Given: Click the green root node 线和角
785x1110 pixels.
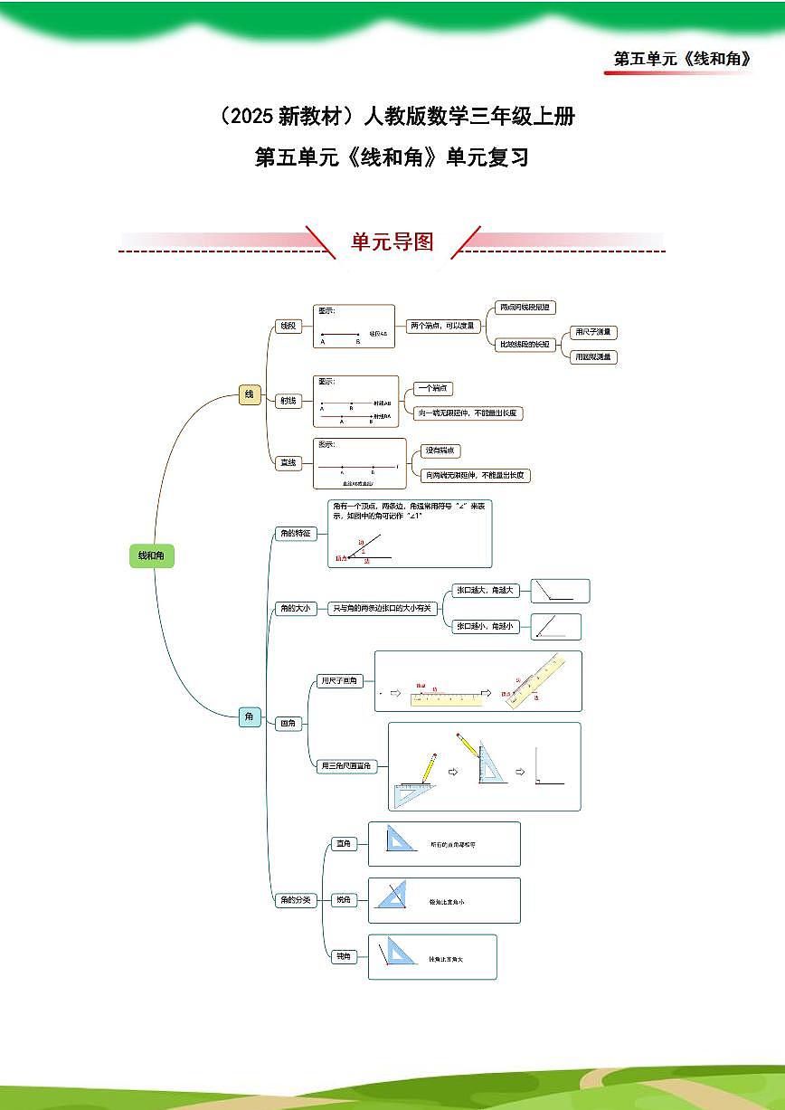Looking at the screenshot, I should [x=151, y=555].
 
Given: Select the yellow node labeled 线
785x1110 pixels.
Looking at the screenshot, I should [x=250, y=394].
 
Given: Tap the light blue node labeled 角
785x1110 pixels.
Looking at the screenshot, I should [x=250, y=716].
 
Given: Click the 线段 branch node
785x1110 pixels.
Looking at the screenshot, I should [x=288, y=327].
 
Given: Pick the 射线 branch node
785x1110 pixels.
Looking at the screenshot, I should [x=288, y=401].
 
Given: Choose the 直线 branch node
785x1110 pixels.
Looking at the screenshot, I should [x=288, y=463].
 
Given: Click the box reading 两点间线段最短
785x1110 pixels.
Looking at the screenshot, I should [x=525, y=308].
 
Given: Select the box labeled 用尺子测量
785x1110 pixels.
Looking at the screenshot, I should [x=593, y=332].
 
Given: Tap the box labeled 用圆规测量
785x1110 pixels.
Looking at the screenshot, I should [x=593, y=356].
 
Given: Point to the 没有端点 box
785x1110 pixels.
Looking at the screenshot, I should [x=442, y=451].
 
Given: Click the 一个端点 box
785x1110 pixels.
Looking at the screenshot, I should [x=432, y=388].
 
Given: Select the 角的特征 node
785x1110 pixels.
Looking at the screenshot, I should [x=295, y=534].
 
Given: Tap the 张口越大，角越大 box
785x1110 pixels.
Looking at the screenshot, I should [x=486, y=590].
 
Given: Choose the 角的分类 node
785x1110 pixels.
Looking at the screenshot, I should [x=295, y=900].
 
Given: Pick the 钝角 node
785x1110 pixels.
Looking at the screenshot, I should [x=344, y=956].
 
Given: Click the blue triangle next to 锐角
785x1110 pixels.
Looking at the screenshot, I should [x=392, y=897].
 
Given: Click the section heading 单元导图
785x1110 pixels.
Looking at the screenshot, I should [x=392, y=242].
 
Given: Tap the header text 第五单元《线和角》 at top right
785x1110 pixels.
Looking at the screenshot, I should [x=682, y=59].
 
